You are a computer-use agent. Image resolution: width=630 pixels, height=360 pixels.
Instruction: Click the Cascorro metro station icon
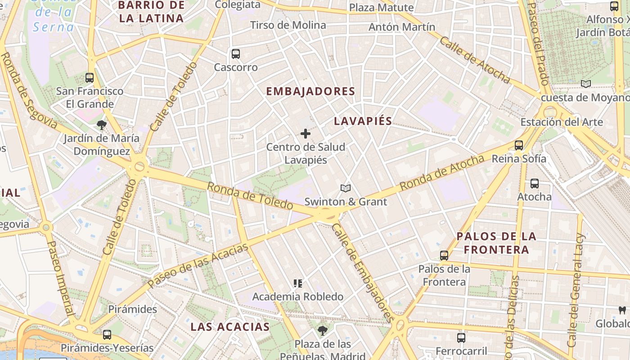pyautogui.click(x=235, y=54)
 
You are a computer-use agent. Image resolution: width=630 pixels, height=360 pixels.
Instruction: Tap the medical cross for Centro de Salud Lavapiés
pyautogui.click(x=306, y=134)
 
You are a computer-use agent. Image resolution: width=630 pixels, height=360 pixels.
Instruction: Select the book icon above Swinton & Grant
pyautogui.click(x=345, y=188)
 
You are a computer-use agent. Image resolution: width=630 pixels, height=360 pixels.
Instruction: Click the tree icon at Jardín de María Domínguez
pyautogui.click(x=102, y=125)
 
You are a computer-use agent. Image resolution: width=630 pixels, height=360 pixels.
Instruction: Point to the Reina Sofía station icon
pyautogui.click(x=519, y=145)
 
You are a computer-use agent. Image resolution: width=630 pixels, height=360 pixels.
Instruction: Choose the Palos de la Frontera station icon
pyautogui.click(x=444, y=256)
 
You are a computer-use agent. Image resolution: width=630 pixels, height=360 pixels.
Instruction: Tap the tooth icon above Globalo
pyautogui.click(x=622, y=310)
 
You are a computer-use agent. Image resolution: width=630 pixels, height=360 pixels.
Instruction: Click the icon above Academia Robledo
pyautogui.click(x=297, y=283)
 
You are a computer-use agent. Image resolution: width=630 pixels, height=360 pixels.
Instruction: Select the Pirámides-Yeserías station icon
pyautogui.click(x=107, y=335)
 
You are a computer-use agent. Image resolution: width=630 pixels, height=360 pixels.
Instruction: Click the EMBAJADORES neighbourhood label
pyautogui.click(x=310, y=91)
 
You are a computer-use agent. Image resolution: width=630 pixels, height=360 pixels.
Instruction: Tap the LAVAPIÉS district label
pyautogui.click(x=363, y=121)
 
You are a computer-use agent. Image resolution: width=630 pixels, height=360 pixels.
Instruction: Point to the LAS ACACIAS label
pyautogui.click(x=230, y=327)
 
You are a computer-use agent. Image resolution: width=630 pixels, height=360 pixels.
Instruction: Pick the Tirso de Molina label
pyautogui.click(x=288, y=25)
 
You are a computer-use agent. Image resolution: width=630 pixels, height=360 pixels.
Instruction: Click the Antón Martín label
pyautogui.click(x=402, y=27)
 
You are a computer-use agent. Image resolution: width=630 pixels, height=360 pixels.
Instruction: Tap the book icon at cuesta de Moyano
pyautogui.click(x=585, y=84)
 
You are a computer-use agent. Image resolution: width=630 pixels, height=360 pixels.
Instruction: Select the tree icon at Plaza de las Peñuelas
pyautogui.click(x=322, y=331)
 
